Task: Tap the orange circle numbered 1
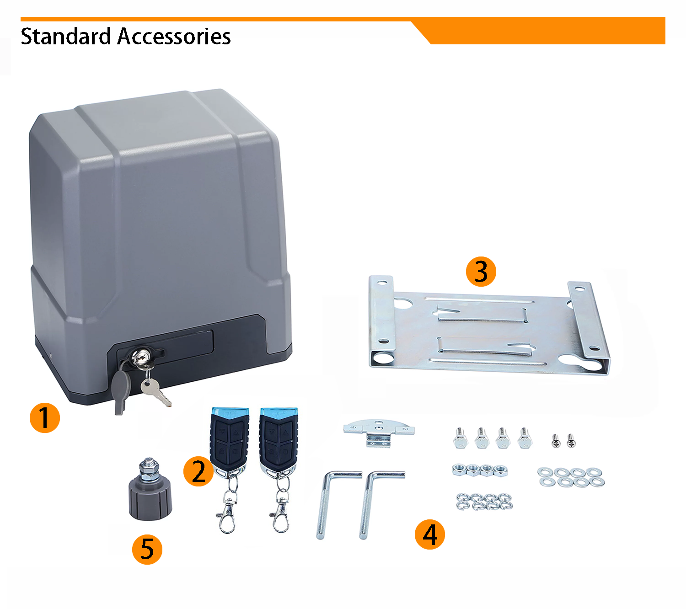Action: coord(45,418)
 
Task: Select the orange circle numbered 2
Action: coord(198,471)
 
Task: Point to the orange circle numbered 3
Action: coord(481,272)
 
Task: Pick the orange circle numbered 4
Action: coord(430,534)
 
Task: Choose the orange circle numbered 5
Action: coord(147,550)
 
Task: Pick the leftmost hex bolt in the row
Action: coord(460,438)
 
